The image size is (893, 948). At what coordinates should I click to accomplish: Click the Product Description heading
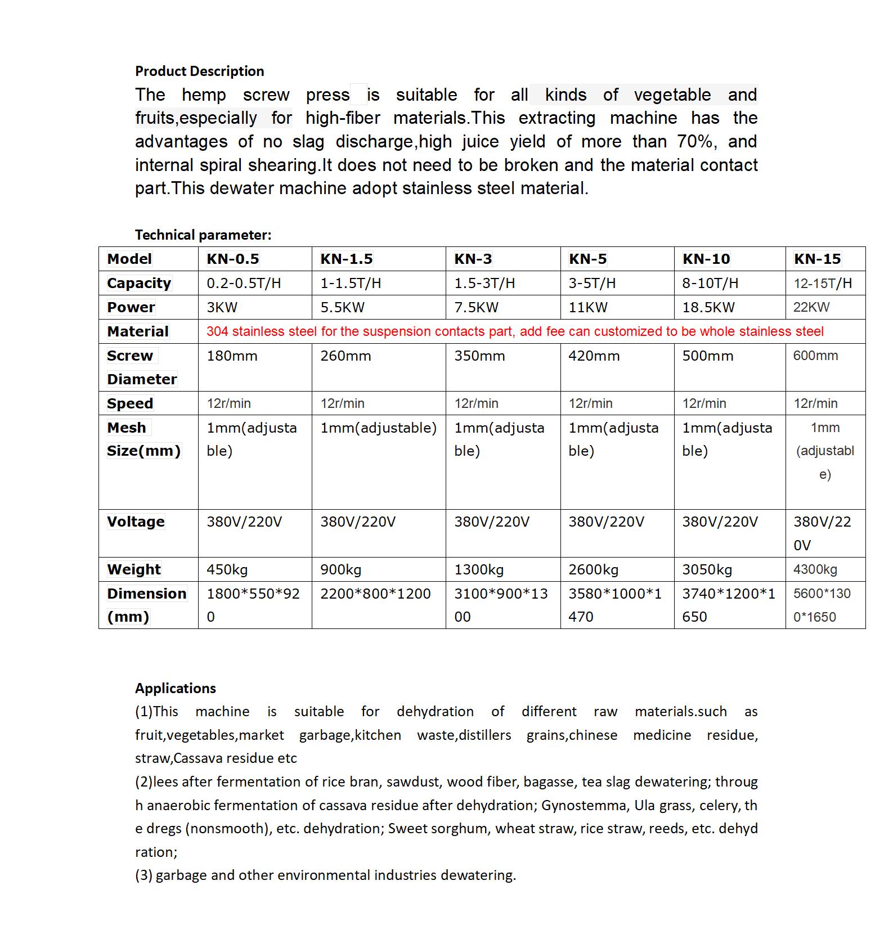click(x=199, y=71)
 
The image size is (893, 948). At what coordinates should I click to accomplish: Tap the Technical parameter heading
click(x=203, y=235)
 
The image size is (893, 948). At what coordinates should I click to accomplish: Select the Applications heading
click(x=175, y=688)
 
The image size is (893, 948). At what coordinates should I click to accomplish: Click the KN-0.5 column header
click(x=233, y=259)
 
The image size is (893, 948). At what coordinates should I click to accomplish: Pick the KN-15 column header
click(x=817, y=259)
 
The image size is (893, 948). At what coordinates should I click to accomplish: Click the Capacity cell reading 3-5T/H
click(x=592, y=283)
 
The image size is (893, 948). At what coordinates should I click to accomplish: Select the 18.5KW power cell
click(x=708, y=307)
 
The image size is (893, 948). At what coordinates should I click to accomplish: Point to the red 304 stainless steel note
click(x=515, y=331)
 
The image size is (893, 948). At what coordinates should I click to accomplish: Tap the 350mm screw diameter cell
click(x=479, y=356)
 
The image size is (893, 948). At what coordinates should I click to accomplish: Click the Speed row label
click(x=130, y=403)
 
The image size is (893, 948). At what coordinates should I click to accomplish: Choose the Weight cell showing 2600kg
click(x=593, y=569)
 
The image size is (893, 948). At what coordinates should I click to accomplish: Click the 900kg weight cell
click(x=340, y=569)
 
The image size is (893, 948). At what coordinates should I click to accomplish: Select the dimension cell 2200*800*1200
click(x=375, y=594)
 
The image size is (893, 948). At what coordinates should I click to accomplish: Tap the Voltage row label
click(x=136, y=522)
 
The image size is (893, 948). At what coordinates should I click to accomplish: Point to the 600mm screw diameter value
click(x=815, y=356)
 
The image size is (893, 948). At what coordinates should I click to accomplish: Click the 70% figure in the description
click(x=695, y=141)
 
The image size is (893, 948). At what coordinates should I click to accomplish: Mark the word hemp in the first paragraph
click(x=204, y=95)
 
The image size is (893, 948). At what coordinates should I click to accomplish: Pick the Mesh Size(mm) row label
click(x=143, y=439)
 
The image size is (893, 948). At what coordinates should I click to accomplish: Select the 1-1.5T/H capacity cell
click(x=351, y=283)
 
